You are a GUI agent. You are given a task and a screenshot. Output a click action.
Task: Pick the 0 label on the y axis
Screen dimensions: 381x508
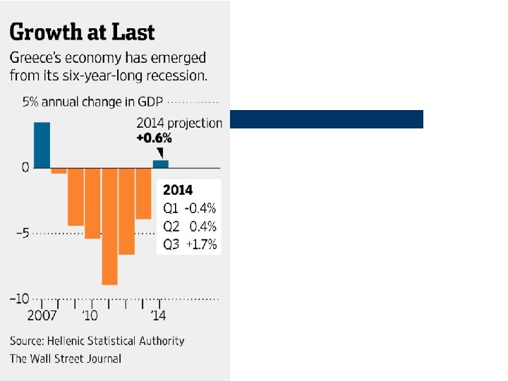25,168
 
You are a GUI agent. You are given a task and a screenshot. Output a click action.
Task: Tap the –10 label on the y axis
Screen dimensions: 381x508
19,298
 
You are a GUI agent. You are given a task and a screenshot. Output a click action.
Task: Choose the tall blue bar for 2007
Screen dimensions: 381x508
42,145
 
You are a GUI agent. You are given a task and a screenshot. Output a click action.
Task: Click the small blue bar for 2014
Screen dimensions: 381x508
161,164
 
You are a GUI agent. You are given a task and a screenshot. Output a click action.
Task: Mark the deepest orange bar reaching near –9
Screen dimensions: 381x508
109,226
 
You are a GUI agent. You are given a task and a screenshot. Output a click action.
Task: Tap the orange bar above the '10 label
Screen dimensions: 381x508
92,203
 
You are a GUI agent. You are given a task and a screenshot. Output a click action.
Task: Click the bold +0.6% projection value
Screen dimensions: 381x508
154,138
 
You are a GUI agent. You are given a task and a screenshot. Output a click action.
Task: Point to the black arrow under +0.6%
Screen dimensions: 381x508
160,152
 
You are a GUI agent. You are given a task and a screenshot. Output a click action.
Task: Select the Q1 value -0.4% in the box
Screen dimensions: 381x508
200,209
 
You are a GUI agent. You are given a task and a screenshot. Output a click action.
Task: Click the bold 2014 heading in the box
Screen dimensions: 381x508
178,190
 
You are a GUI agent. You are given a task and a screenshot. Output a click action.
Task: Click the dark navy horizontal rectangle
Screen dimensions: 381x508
327,119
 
